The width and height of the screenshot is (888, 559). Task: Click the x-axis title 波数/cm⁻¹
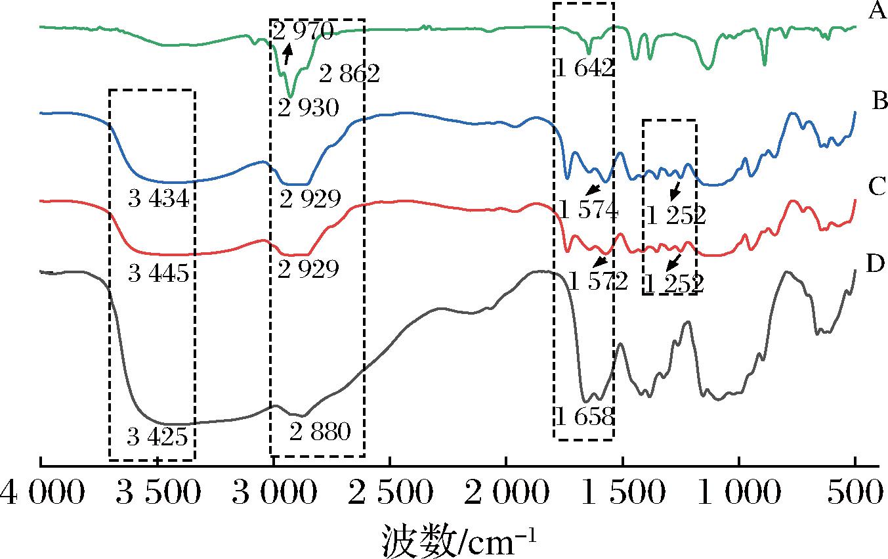[459, 541]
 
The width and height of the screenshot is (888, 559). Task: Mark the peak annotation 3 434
[159, 199]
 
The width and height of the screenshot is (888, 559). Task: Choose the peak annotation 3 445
[159, 273]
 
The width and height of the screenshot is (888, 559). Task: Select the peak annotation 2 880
[320, 432]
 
